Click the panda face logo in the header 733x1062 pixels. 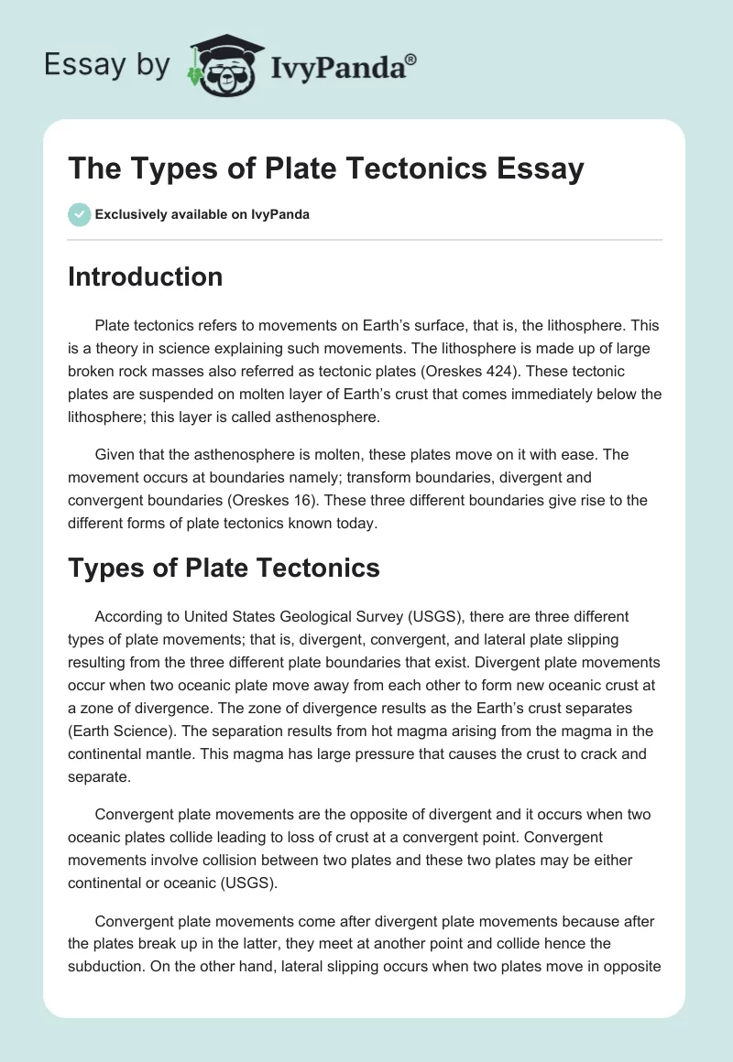tap(224, 66)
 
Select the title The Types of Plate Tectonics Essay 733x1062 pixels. tap(325, 169)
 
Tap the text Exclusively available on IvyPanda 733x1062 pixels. tap(202, 215)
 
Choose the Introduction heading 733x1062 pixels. tap(145, 276)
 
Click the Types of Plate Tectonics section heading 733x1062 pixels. tap(224, 568)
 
